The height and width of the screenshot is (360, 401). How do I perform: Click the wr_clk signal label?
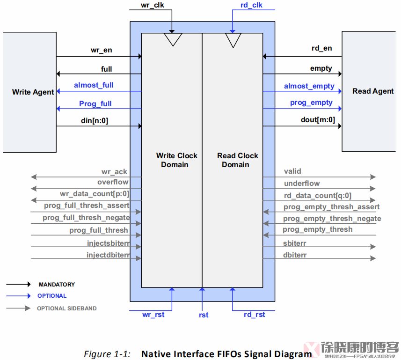click(153, 6)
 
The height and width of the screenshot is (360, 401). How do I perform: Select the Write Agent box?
click(29, 92)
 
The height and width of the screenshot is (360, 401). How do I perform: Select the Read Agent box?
click(372, 91)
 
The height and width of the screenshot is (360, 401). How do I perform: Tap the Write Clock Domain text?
click(176, 160)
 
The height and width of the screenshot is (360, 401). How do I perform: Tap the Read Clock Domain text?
click(237, 160)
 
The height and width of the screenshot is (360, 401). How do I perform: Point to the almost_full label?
click(94, 86)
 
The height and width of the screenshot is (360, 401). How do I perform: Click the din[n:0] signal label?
click(95, 121)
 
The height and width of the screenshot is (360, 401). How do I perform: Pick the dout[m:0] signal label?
click(318, 120)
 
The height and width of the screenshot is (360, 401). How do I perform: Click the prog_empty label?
click(311, 103)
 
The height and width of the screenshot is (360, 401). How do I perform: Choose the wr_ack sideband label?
click(114, 172)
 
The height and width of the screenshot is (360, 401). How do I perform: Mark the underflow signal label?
click(302, 184)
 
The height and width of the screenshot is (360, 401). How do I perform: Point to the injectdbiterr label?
click(108, 255)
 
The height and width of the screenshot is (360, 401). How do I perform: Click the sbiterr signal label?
click(295, 243)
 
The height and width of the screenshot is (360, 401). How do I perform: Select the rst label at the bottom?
click(203, 315)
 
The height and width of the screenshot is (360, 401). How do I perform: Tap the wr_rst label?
click(153, 315)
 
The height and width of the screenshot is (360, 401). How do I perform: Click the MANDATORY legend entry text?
click(57, 285)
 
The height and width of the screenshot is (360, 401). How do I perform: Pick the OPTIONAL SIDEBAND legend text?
click(67, 309)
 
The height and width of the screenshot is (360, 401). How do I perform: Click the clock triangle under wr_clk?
click(173, 39)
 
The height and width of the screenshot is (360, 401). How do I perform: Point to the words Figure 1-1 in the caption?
click(107, 354)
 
